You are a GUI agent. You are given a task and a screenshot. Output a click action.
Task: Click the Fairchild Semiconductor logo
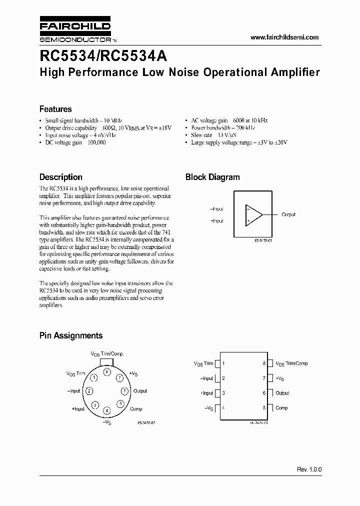point(75,31)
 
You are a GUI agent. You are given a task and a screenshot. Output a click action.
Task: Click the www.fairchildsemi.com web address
point(284,37)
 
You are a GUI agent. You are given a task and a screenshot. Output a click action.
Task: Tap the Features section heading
point(55,109)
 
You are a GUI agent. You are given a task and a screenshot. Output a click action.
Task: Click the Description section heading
point(61,177)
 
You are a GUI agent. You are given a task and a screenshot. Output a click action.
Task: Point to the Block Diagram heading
point(212,177)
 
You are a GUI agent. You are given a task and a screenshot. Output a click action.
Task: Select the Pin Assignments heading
point(71,335)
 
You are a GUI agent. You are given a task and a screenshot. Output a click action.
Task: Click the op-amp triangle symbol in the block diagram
point(253,214)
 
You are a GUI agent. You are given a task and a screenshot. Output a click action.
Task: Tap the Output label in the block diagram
point(288,214)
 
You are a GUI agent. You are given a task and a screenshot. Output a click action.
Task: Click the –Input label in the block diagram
point(216,209)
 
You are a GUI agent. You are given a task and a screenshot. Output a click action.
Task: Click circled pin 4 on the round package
point(107,410)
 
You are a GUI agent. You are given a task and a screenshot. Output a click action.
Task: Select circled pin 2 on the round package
point(88,391)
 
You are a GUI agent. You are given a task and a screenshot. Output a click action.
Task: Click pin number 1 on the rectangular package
point(223,363)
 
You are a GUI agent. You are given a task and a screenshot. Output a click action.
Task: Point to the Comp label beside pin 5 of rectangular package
point(281,408)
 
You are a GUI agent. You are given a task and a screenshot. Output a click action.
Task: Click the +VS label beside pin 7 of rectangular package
point(280,378)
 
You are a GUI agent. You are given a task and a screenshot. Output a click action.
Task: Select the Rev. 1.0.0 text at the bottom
point(309,470)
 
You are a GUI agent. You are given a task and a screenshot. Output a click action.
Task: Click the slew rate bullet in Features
point(208,135)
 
